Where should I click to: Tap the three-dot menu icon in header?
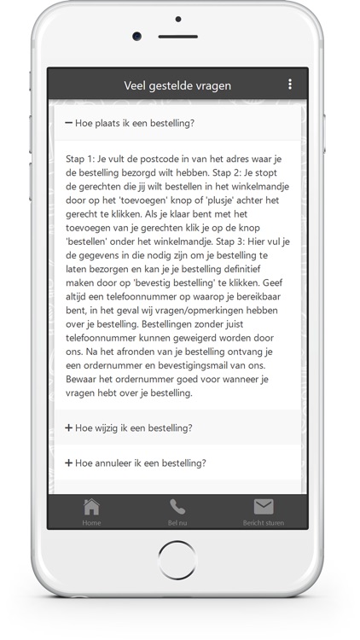(x=290, y=84)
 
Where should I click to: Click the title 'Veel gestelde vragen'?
(x=177, y=85)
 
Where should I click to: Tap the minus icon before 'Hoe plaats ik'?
(x=69, y=123)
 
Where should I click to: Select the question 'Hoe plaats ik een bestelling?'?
(x=135, y=123)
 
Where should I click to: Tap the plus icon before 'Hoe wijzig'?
(x=69, y=428)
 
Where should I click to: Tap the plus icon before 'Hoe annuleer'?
(x=69, y=463)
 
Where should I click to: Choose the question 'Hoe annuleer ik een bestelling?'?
(x=141, y=463)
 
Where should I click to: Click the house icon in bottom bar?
(x=91, y=507)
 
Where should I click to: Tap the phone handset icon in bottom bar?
(x=177, y=507)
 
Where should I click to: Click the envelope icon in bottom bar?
(x=264, y=507)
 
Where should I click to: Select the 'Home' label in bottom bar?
(x=91, y=522)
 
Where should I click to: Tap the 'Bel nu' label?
(x=177, y=522)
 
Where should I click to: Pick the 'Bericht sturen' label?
(x=264, y=522)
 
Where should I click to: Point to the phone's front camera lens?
(x=136, y=36)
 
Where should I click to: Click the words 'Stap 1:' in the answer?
(x=81, y=160)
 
